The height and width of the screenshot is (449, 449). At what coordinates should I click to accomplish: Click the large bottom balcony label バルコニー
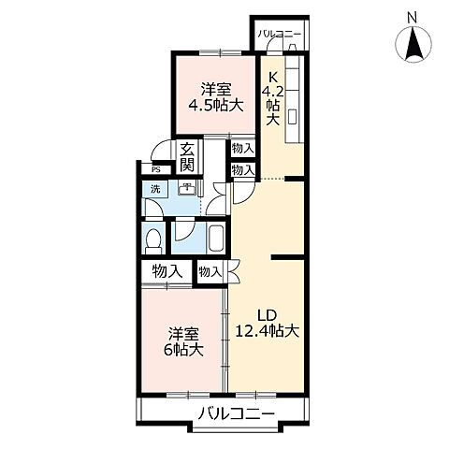(235, 414)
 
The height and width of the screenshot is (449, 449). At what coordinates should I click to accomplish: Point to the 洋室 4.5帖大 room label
(215, 97)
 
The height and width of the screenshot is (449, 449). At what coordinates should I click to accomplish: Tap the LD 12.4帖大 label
(267, 323)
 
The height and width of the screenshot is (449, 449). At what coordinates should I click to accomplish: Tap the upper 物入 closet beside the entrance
(241, 149)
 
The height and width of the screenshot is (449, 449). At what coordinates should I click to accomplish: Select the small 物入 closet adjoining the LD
(210, 271)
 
